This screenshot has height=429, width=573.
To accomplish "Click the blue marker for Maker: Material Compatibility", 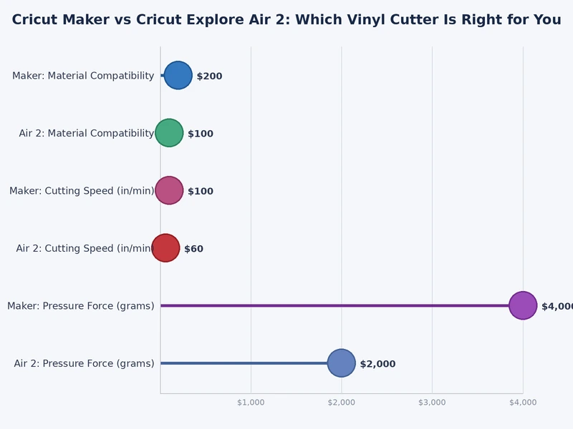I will (x=178, y=75).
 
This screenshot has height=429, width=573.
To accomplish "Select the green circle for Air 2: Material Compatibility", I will (x=169, y=133).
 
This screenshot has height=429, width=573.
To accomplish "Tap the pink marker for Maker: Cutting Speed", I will (x=169, y=191).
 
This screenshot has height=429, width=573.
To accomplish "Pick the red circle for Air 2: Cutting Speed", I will (x=165, y=248).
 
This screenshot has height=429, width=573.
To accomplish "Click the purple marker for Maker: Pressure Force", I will (x=523, y=305).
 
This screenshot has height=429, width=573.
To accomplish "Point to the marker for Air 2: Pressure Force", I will (x=342, y=363).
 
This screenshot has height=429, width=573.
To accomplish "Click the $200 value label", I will (x=209, y=77).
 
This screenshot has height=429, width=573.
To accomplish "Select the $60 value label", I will (x=193, y=250).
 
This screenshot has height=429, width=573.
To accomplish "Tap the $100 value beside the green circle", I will (x=201, y=134).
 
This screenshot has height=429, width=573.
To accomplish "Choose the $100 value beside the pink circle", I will (x=201, y=192).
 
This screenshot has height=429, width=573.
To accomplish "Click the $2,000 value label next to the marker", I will (x=377, y=365).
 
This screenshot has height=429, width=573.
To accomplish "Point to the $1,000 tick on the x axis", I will (x=251, y=403).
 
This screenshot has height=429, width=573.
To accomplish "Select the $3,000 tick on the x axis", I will (x=432, y=403).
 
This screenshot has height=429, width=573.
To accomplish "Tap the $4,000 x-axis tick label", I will (x=523, y=403).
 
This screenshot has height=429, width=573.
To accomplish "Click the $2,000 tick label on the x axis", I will (x=342, y=403).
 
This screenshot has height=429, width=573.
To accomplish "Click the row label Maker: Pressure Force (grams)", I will (x=81, y=306).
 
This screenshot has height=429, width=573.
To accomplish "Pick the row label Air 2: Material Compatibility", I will (x=86, y=134).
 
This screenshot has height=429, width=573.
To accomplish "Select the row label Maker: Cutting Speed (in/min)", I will (x=82, y=191).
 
